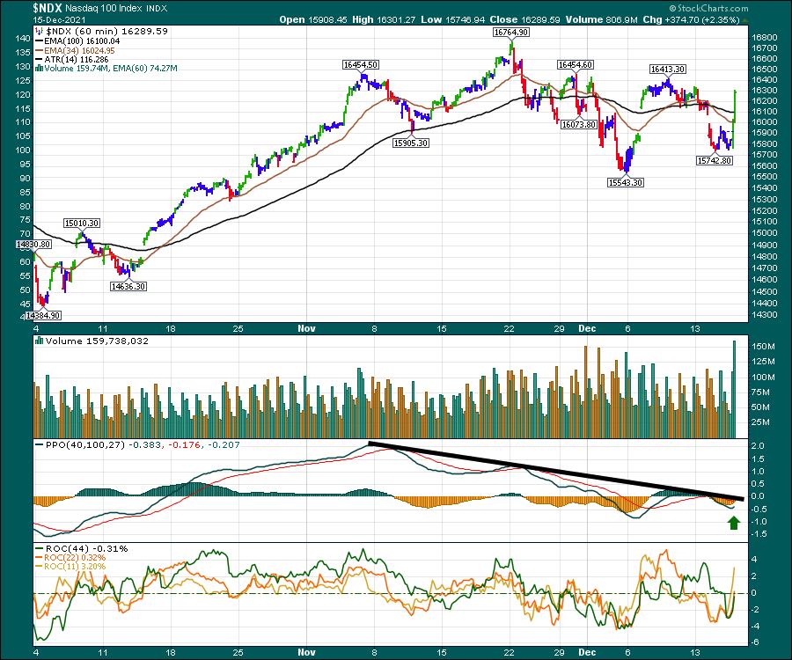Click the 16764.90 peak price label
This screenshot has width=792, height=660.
pos(511,32)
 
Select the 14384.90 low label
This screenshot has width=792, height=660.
pos(43,314)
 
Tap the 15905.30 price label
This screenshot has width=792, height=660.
pos(410,142)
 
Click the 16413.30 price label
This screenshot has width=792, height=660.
pos(669,68)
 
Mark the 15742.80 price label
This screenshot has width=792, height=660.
pos(714,161)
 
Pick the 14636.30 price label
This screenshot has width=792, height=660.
pos(128,285)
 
